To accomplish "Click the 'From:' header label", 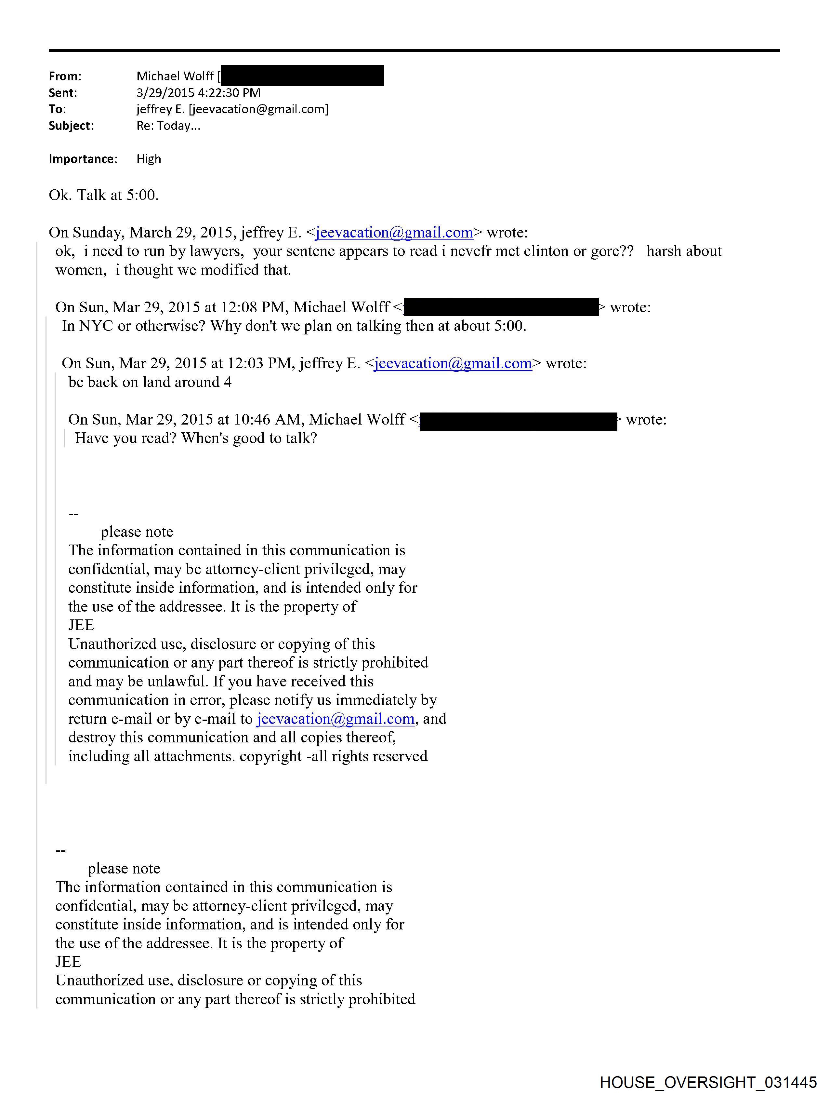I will [65, 76].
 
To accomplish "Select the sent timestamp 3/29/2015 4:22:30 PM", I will [198, 93].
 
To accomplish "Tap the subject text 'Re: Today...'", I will [168, 126].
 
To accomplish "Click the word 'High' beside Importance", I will [149, 159].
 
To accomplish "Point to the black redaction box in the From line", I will [302, 75].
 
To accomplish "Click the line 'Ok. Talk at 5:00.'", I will [103, 195].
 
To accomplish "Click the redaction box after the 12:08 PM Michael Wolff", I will [501, 307].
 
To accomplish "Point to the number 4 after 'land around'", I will [228, 382].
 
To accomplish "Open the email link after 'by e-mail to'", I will [335, 719].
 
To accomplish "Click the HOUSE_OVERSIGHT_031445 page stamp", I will [708, 1082].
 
